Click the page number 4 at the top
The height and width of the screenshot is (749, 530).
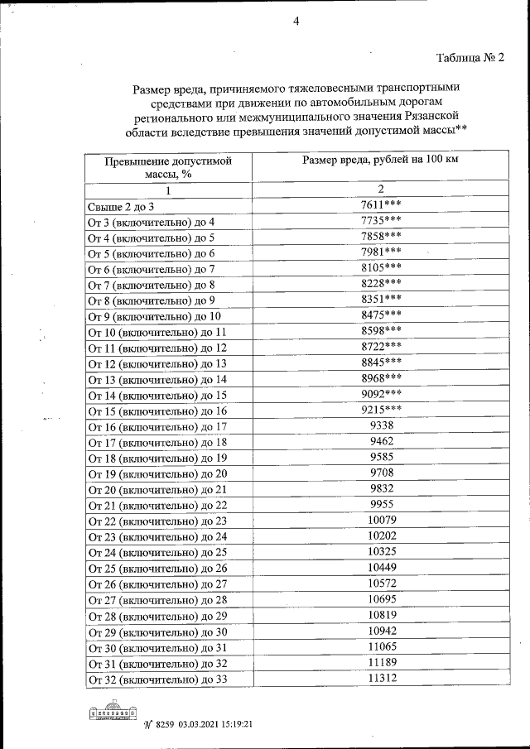pos(296,22)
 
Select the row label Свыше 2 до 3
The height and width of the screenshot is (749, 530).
pos(121,206)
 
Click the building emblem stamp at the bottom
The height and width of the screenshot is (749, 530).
pos(111,713)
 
